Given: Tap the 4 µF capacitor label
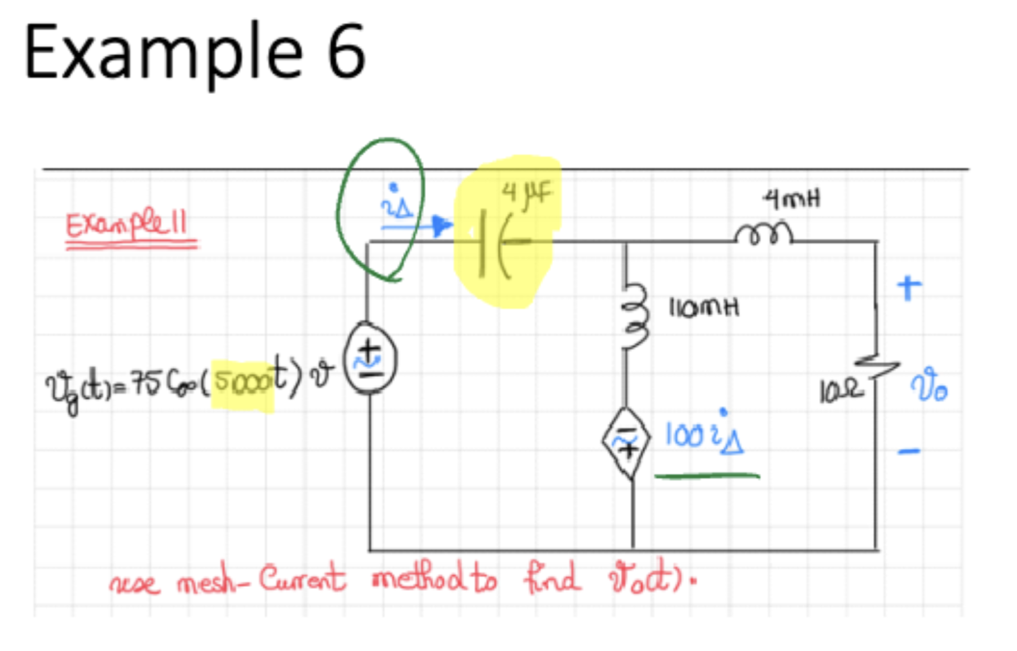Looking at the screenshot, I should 526,193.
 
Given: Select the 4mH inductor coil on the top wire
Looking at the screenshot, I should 763,234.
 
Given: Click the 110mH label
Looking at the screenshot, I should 704,308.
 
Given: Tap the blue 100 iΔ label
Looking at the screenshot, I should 704,435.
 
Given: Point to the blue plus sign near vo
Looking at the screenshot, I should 909,287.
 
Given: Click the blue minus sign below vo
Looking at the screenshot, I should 909,451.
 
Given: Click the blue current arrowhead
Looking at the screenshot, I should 441,225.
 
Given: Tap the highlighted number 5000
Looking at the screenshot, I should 242,381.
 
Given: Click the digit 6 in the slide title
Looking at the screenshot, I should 346,51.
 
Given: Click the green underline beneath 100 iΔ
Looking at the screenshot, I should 706,476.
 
